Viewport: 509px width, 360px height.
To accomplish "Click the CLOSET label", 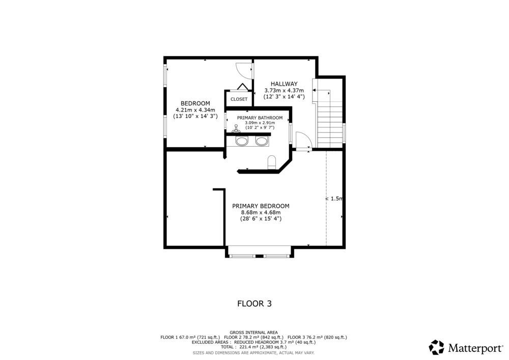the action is coord(239,99).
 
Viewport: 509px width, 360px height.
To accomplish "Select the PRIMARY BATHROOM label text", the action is coord(260,118).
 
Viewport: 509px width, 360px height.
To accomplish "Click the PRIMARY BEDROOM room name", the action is coord(261,206).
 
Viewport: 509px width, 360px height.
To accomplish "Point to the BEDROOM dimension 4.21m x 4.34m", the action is coord(195,110).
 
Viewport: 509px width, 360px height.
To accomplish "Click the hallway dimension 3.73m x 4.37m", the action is coord(285,91).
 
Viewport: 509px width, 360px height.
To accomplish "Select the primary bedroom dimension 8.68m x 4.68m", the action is coord(261,213).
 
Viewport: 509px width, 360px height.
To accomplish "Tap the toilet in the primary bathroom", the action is coord(271,162).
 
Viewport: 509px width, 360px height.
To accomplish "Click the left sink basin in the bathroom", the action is coord(242,141).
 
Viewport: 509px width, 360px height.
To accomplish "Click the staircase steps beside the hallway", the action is coord(330,125).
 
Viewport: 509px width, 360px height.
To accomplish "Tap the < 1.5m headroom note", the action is coord(334,199).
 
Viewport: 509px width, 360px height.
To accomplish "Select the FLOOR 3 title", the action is coord(254,303).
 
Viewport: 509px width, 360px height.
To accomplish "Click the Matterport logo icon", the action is coord(437,347).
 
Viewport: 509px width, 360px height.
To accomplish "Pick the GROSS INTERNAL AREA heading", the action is coord(253,333).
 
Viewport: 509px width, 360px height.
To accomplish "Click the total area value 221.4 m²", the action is coord(246,347).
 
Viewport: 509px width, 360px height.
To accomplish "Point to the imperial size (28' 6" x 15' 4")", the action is coord(261,219).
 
